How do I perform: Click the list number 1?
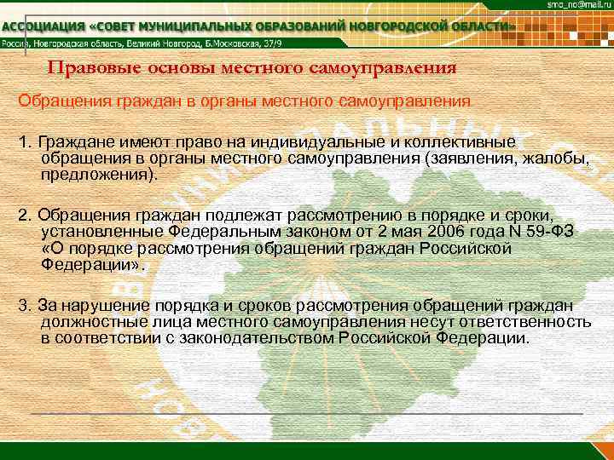[x=23, y=141]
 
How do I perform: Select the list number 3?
[x=23, y=305]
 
